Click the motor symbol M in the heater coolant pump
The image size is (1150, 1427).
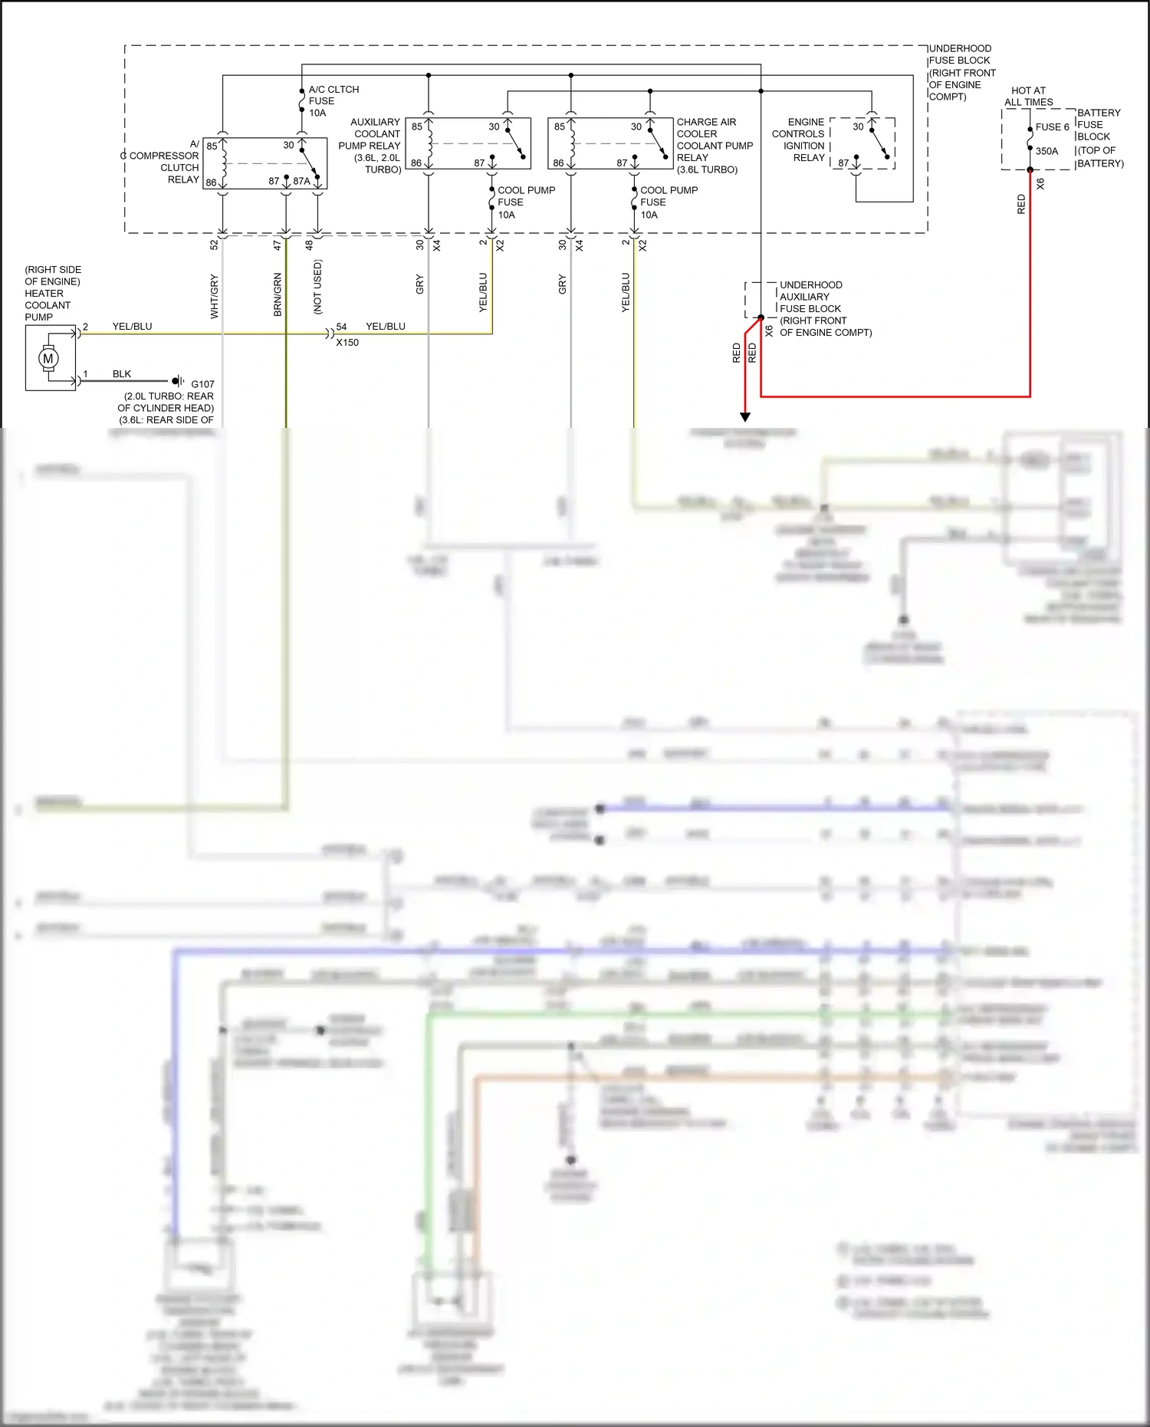point(48,358)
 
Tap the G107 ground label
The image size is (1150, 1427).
point(202,384)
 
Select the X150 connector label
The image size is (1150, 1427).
point(347,343)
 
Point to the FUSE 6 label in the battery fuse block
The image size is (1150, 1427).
point(1052,127)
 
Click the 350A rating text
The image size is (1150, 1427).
point(1046,151)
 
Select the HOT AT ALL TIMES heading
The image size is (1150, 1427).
point(1028,96)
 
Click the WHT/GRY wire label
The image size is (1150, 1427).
point(215,296)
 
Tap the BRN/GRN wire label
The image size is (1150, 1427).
point(278,295)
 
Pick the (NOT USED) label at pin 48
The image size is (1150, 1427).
point(317,287)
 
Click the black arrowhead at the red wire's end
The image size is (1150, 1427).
point(744,417)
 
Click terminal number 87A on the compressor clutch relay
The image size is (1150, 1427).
point(301,182)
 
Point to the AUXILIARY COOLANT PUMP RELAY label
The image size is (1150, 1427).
point(370,145)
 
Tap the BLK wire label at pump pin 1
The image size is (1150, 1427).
point(122,374)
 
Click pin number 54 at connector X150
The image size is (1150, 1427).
point(341,327)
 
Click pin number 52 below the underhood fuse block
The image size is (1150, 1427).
point(214,245)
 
